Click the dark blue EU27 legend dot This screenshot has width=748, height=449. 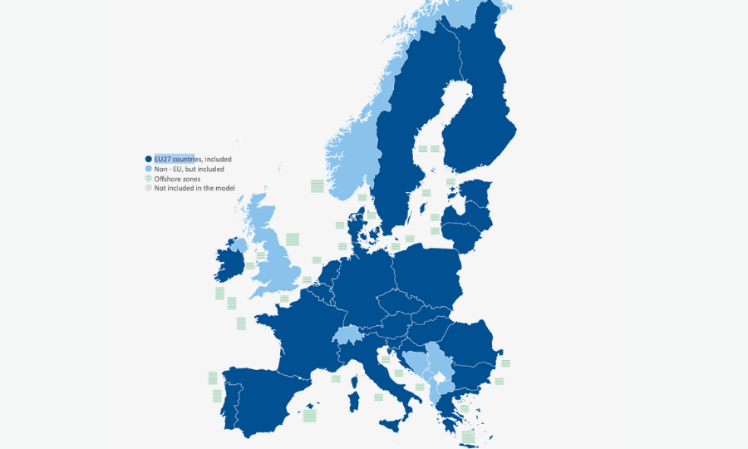[x=149, y=159]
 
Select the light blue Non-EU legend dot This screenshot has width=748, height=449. [x=149, y=169]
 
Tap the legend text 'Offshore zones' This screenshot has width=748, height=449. [x=177, y=179]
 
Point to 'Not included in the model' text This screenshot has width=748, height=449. [x=194, y=188]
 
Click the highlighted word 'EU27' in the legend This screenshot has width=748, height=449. [x=163, y=159]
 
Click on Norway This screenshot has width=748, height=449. [x=353, y=158]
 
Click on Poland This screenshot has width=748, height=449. [x=428, y=270]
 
